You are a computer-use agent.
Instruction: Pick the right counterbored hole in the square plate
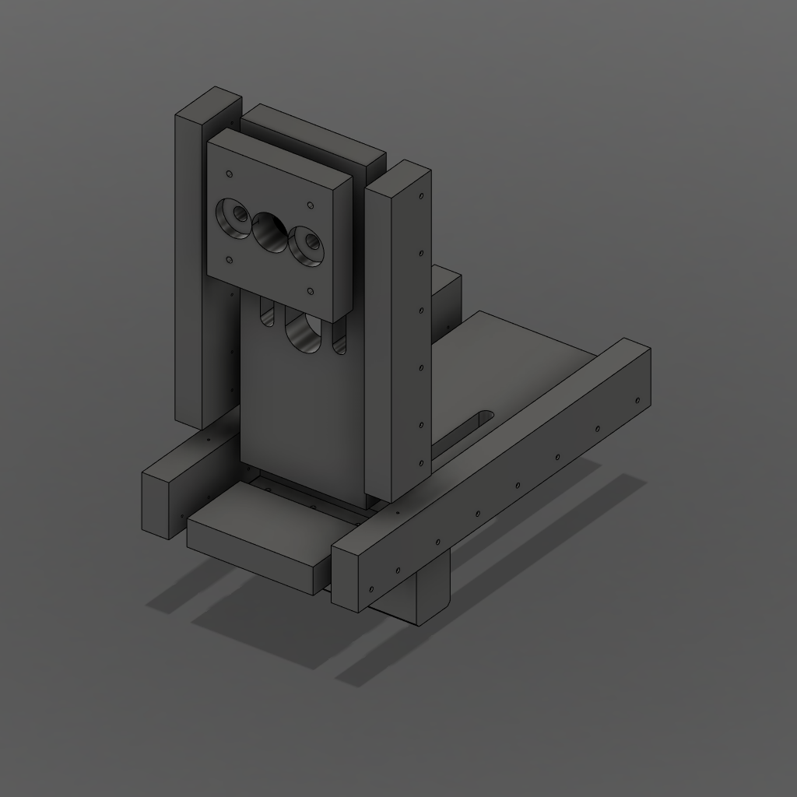307,244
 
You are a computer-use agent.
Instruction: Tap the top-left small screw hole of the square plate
229,174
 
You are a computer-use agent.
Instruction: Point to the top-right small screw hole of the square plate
311,205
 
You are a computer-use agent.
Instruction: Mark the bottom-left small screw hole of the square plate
229,260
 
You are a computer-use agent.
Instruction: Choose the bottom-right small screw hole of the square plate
311,292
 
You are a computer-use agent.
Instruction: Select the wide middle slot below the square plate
303,333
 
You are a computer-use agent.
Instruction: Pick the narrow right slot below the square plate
339,341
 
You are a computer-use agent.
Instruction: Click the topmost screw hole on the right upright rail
421,196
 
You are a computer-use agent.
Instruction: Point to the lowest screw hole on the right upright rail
421,464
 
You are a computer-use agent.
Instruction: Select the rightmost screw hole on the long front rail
637,400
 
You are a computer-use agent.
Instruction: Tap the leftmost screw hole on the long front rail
371,589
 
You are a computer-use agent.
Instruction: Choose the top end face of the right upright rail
398,176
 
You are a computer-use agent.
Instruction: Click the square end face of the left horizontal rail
161,506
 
